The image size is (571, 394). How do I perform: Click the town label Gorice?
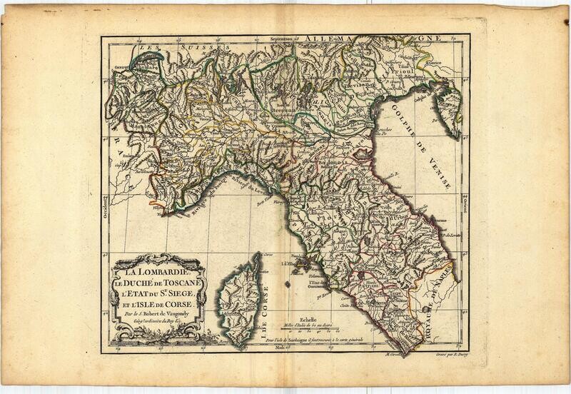coord(437,63)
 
